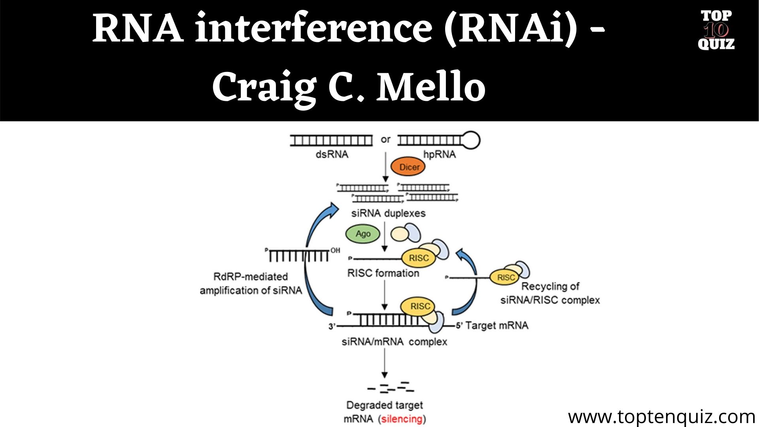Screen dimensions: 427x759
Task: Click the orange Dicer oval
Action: [x=408, y=167]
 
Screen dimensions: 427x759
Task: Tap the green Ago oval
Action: [x=363, y=234]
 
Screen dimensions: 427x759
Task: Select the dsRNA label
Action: [x=332, y=154]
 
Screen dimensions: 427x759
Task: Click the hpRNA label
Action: [x=439, y=154]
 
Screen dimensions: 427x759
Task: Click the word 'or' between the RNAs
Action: [x=385, y=140]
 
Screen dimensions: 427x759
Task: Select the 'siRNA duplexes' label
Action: [x=388, y=213]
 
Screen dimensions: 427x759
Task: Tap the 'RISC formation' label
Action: [x=383, y=273]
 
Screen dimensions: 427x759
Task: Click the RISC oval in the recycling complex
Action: [x=506, y=277]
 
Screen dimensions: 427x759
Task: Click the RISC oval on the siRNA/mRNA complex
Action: [x=419, y=306]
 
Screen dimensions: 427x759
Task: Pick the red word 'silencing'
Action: [x=402, y=419]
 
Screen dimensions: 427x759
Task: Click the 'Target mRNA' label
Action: [x=497, y=325]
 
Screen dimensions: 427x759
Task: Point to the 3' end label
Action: [x=332, y=327]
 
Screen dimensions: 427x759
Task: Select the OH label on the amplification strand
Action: [x=335, y=250]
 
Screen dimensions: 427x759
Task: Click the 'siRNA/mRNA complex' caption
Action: [x=394, y=342]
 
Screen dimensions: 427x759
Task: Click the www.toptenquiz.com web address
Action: [x=661, y=417]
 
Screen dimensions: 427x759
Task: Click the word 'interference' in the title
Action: [x=313, y=28]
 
